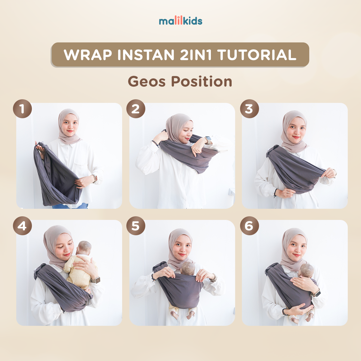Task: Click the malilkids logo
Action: point(180,21)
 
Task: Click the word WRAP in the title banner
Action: point(88,55)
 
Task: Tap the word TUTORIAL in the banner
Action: point(257,55)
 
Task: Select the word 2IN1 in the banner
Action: point(196,55)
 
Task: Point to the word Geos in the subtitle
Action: point(147,82)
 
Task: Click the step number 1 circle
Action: point(23,109)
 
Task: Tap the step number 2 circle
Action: point(136,109)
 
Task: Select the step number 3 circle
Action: point(249,109)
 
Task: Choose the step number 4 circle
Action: point(23,226)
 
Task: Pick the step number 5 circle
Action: point(136,226)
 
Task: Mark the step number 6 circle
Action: point(249,226)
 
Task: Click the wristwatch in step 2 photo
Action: point(208,140)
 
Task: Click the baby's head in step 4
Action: point(84,248)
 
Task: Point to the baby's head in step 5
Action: point(188,268)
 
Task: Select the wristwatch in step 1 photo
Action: point(94,178)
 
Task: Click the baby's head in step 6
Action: point(307,270)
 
